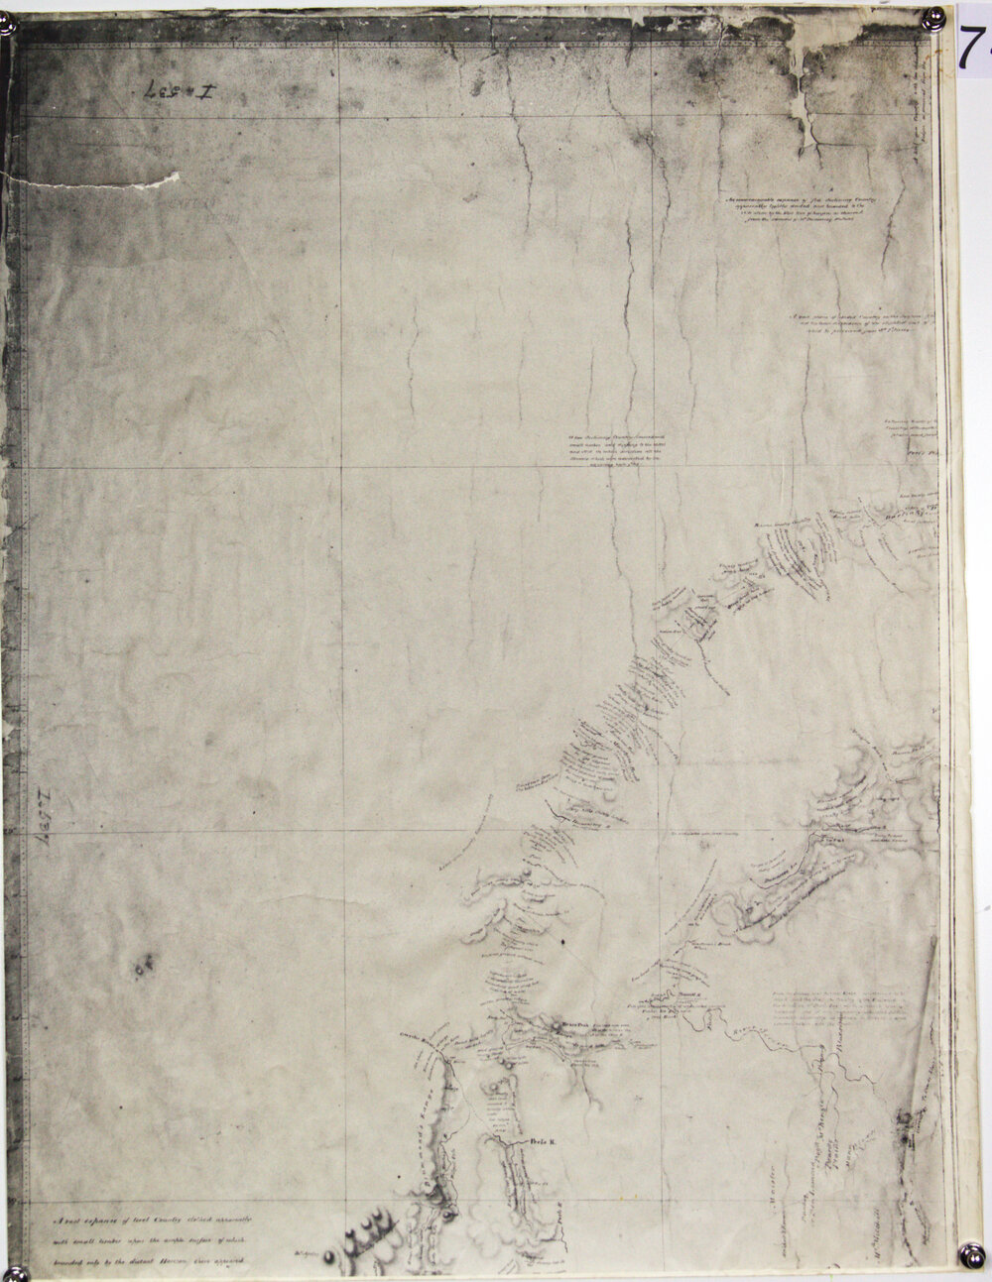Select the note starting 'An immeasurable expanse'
799,209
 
